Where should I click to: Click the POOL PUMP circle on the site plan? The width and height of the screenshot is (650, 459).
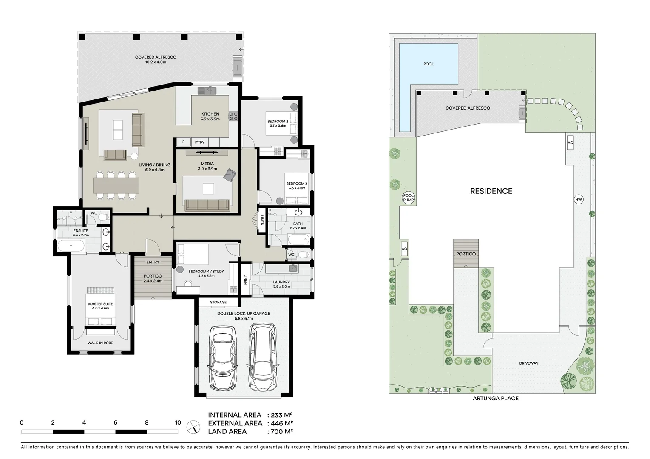[408, 198]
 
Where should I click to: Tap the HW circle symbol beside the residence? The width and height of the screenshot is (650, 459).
[578, 199]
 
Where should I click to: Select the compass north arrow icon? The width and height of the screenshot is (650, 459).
[193, 426]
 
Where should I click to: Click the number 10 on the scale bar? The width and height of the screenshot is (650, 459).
[178, 422]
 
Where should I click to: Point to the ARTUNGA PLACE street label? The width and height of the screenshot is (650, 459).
[495, 398]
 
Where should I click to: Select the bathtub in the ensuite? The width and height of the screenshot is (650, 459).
[71, 246]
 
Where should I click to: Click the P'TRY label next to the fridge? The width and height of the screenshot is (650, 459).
[199, 142]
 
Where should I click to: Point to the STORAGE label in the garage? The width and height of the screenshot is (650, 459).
[218, 302]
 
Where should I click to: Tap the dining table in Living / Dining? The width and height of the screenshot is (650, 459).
[116, 185]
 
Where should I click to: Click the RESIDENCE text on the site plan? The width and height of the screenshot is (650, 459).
[491, 191]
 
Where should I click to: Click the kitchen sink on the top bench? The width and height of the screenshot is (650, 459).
[208, 90]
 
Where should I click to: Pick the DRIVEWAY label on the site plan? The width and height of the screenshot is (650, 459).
[528, 363]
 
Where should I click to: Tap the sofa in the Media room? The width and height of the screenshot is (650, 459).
[207, 205]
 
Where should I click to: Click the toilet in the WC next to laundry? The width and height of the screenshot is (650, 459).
[302, 255]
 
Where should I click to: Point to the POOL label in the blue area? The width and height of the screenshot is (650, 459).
[428, 64]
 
